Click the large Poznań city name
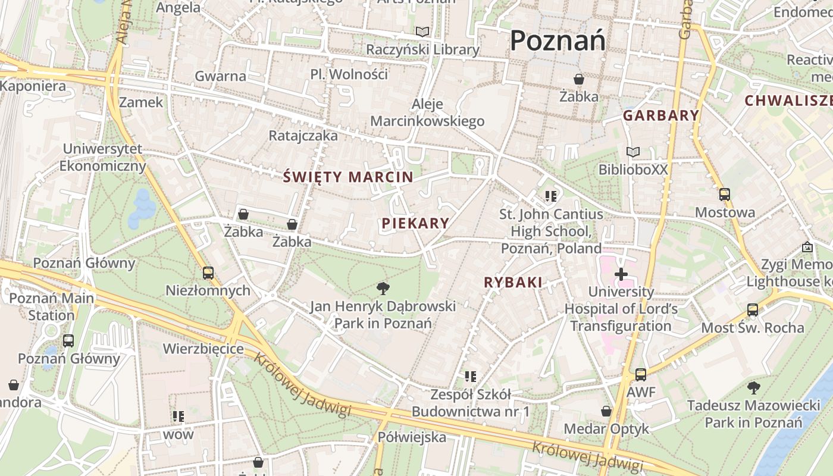(x=558, y=40)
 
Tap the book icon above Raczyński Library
(x=422, y=32)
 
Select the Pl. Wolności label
(x=349, y=74)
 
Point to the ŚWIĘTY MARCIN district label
(x=348, y=177)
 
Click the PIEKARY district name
(x=415, y=223)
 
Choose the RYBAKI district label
(x=513, y=283)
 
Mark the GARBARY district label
(x=661, y=115)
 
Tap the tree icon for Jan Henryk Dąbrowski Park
(x=383, y=289)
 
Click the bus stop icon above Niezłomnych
(x=208, y=273)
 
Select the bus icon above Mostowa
(x=725, y=194)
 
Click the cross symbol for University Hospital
(x=621, y=274)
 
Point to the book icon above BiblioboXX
(x=633, y=152)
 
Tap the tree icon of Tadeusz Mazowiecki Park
(x=753, y=388)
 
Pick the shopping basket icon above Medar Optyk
(x=606, y=411)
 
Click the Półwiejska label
(x=412, y=437)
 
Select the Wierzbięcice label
(x=203, y=348)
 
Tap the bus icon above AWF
(x=640, y=375)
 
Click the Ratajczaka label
(x=303, y=136)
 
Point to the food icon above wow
(x=178, y=416)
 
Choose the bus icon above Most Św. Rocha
(x=753, y=309)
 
